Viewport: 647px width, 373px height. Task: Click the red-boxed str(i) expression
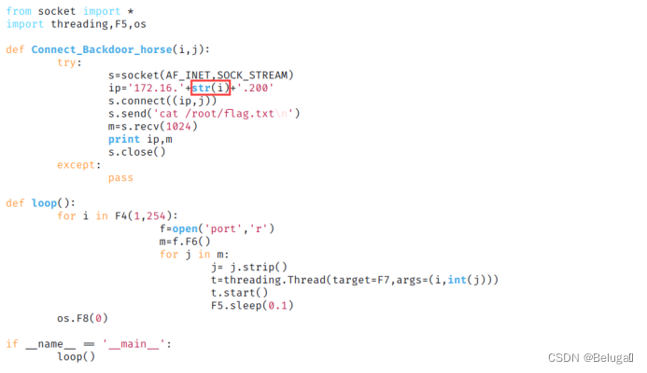pos(210,87)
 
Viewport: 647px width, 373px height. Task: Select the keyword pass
pos(120,177)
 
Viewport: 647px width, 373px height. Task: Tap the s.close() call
pos(136,151)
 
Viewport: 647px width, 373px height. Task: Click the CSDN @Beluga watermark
pos(593,357)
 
